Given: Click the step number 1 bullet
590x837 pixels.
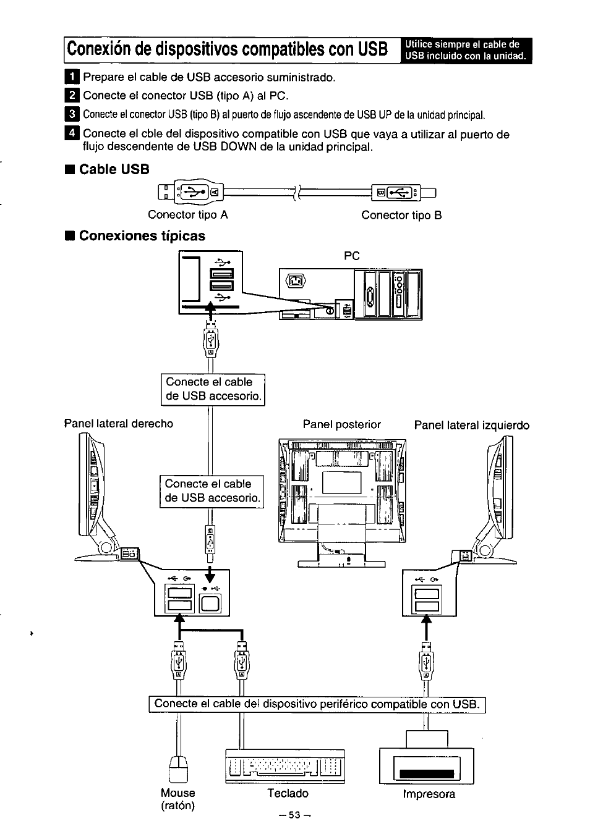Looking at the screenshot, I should (72, 77).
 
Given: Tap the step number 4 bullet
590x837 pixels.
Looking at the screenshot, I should (72, 134).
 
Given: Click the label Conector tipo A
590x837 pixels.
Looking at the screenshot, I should (188, 215).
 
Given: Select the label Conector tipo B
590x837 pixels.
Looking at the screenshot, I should (401, 215).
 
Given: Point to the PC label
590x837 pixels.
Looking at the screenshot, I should (351, 256).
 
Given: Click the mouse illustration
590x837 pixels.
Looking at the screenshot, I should (178, 768).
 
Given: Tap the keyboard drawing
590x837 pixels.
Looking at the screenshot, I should (285, 767).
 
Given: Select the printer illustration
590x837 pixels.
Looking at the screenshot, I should (426, 765).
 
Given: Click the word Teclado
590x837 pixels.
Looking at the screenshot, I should (288, 793).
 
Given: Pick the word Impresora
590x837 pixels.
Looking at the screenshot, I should (429, 794).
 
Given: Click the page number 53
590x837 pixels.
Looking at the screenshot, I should (294, 815).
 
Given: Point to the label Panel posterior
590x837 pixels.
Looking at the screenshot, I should (341, 425).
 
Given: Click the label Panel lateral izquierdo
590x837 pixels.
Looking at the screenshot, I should (471, 426).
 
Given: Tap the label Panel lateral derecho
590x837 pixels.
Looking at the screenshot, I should (119, 424).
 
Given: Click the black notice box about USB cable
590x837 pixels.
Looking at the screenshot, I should (467, 51).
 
